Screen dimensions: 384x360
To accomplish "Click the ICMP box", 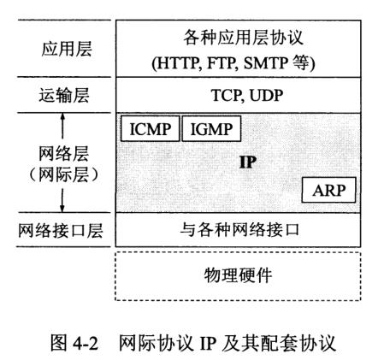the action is coord(151,128).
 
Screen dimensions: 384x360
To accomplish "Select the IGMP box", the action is coord(211,128).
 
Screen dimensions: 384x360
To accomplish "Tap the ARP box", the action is coord(328,190).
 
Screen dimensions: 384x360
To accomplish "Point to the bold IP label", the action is coord(248,162).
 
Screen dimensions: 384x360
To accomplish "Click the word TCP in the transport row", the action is coord(226,95).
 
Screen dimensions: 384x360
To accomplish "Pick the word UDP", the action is coord(266,95).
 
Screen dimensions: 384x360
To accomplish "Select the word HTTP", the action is coord(177,63).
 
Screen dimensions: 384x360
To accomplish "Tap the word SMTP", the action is coord(266,63).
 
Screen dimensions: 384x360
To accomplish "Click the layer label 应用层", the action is coord(67,49).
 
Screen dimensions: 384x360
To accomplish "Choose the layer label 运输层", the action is coord(64,95).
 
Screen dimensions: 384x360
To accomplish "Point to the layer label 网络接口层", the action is coord(61,230).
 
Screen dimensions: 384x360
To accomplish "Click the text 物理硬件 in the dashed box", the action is coord(238,275).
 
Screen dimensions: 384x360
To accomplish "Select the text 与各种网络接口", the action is coord(239,229).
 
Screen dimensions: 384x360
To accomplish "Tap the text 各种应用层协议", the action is coord(243,38).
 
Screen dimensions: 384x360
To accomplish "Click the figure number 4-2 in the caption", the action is coord(86,343).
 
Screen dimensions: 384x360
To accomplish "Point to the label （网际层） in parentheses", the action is coord(64,174).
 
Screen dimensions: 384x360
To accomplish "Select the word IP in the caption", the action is coord(207,343).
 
